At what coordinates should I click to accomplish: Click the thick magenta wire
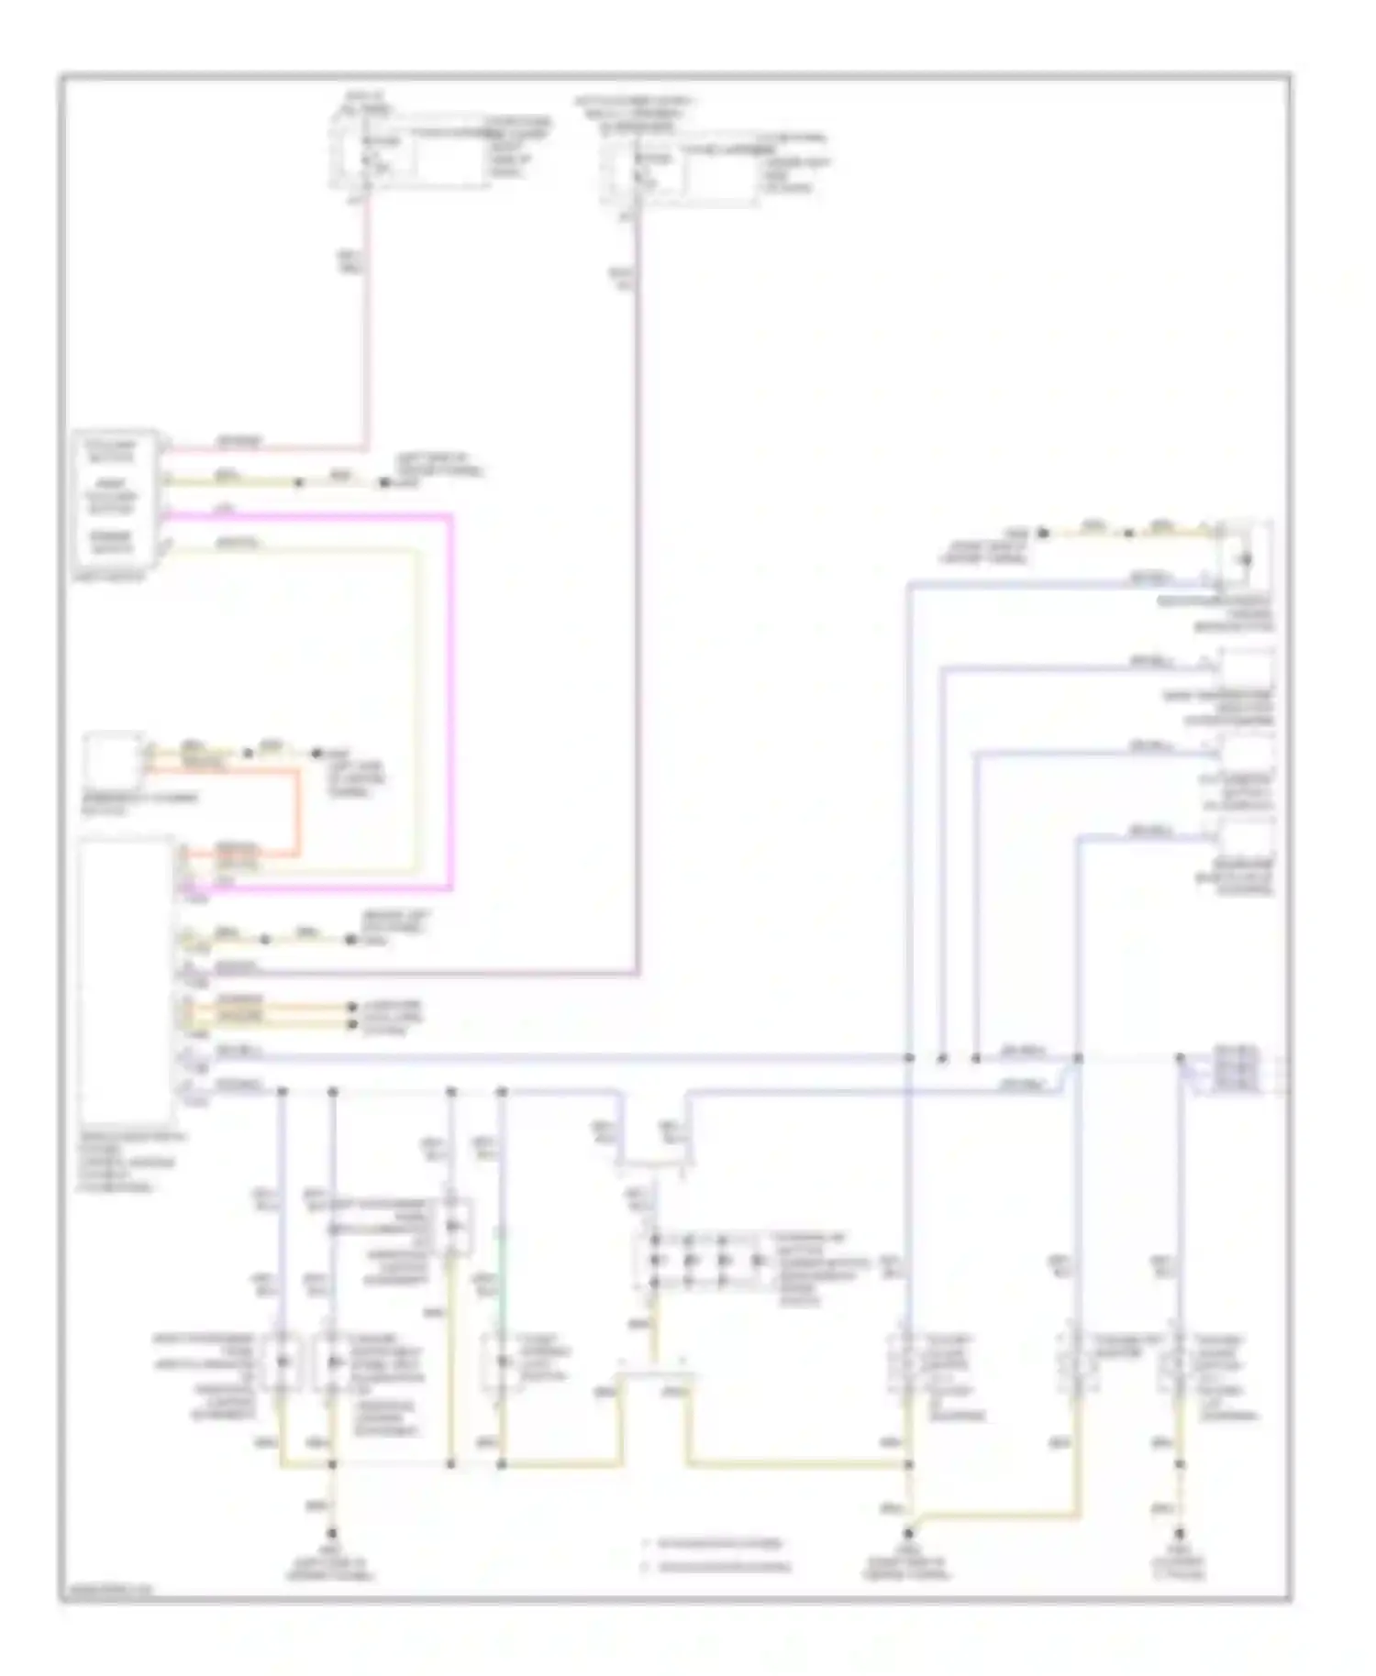[450, 697]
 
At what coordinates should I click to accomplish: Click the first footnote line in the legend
[716, 1543]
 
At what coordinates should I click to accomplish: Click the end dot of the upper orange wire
[351, 1007]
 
